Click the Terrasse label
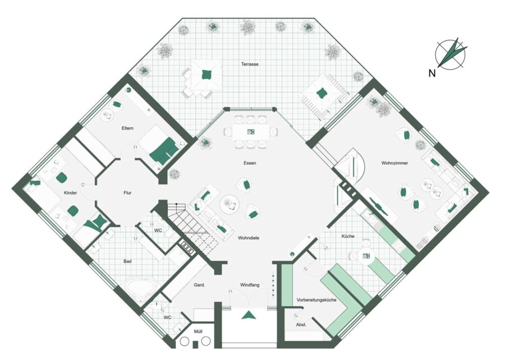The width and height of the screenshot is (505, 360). coord(250,64)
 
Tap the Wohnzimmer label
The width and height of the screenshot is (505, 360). coord(394,163)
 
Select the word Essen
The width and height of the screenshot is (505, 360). coord(250,163)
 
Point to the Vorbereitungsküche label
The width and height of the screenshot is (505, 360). coord(316,300)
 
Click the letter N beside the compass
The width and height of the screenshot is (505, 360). coord(432,73)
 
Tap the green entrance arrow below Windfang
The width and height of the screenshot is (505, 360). coord(249,315)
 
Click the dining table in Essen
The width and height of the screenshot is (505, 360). coord(251,132)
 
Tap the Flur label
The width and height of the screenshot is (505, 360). coord(127,193)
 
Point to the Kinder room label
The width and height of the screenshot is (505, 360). coord(70,193)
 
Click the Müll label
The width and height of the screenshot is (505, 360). coord(198,331)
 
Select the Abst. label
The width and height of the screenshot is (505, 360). coord(301,325)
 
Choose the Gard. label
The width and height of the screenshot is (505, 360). coord(199,285)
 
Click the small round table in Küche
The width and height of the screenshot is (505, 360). coord(366,256)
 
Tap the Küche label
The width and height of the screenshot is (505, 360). coord(348,236)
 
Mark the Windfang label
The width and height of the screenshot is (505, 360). coord(250,285)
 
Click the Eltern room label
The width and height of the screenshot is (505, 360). coord(127,128)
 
